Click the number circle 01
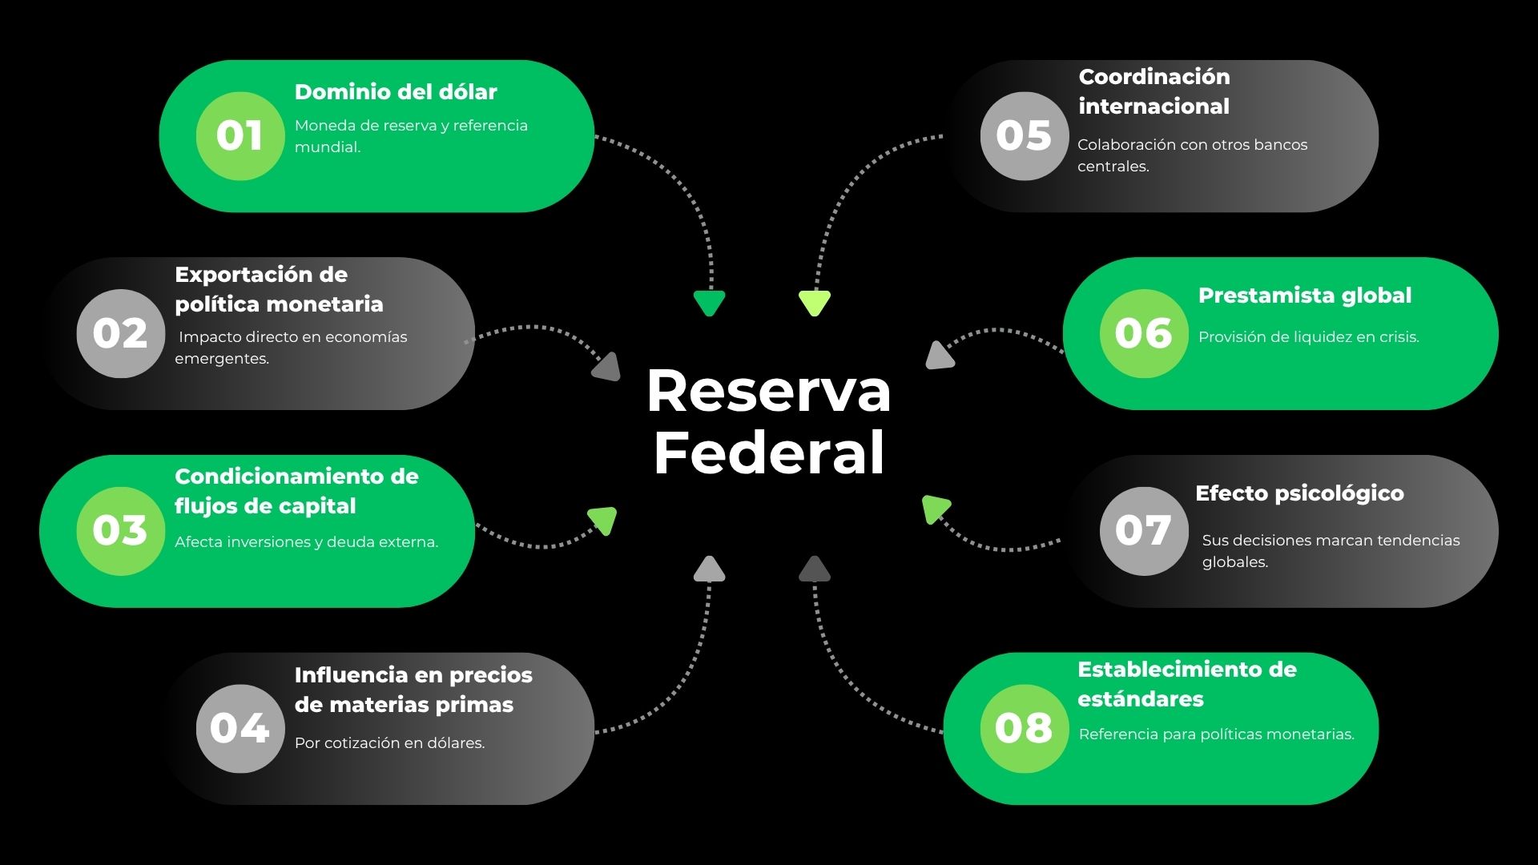click(x=240, y=135)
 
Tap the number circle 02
click(x=120, y=333)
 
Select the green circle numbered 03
click(x=120, y=530)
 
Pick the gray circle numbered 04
click(x=240, y=728)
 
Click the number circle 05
click(x=1024, y=135)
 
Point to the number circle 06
click(x=1143, y=333)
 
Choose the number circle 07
click(x=1143, y=530)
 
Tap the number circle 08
click(x=1024, y=728)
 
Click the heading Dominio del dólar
click(x=396, y=92)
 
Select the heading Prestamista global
click(x=1304, y=296)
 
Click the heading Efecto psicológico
click(x=1299, y=493)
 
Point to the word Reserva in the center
click(x=768, y=392)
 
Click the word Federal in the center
click(x=768, y=453)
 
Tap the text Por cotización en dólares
click(x=389, y=743)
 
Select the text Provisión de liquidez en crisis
click(x=1308, y=337)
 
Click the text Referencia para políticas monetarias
click(x=1216, y=734)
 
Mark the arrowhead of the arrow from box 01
click(x=709, y=303)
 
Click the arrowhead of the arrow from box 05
click(x=815, y=303)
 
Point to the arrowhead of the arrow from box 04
click(x=709, y=569)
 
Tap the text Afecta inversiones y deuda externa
click(x=306, y=542)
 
